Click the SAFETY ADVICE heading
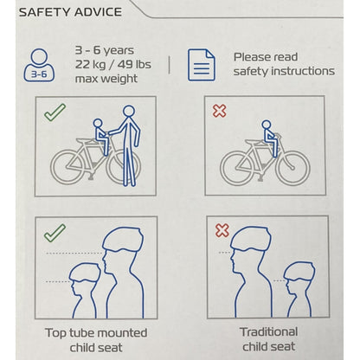70,12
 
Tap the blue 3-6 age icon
39,65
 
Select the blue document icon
202,65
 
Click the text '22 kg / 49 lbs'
113,64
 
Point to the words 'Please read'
266,57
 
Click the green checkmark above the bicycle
55,112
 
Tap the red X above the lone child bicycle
220,111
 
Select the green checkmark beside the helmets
55,233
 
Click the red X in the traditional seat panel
222,231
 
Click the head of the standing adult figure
129,111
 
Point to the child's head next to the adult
98,123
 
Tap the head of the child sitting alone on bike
267,125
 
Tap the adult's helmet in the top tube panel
123,239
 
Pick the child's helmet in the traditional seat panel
299,271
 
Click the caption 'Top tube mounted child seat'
96,340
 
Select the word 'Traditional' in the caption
268,331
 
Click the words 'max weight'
106,79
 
